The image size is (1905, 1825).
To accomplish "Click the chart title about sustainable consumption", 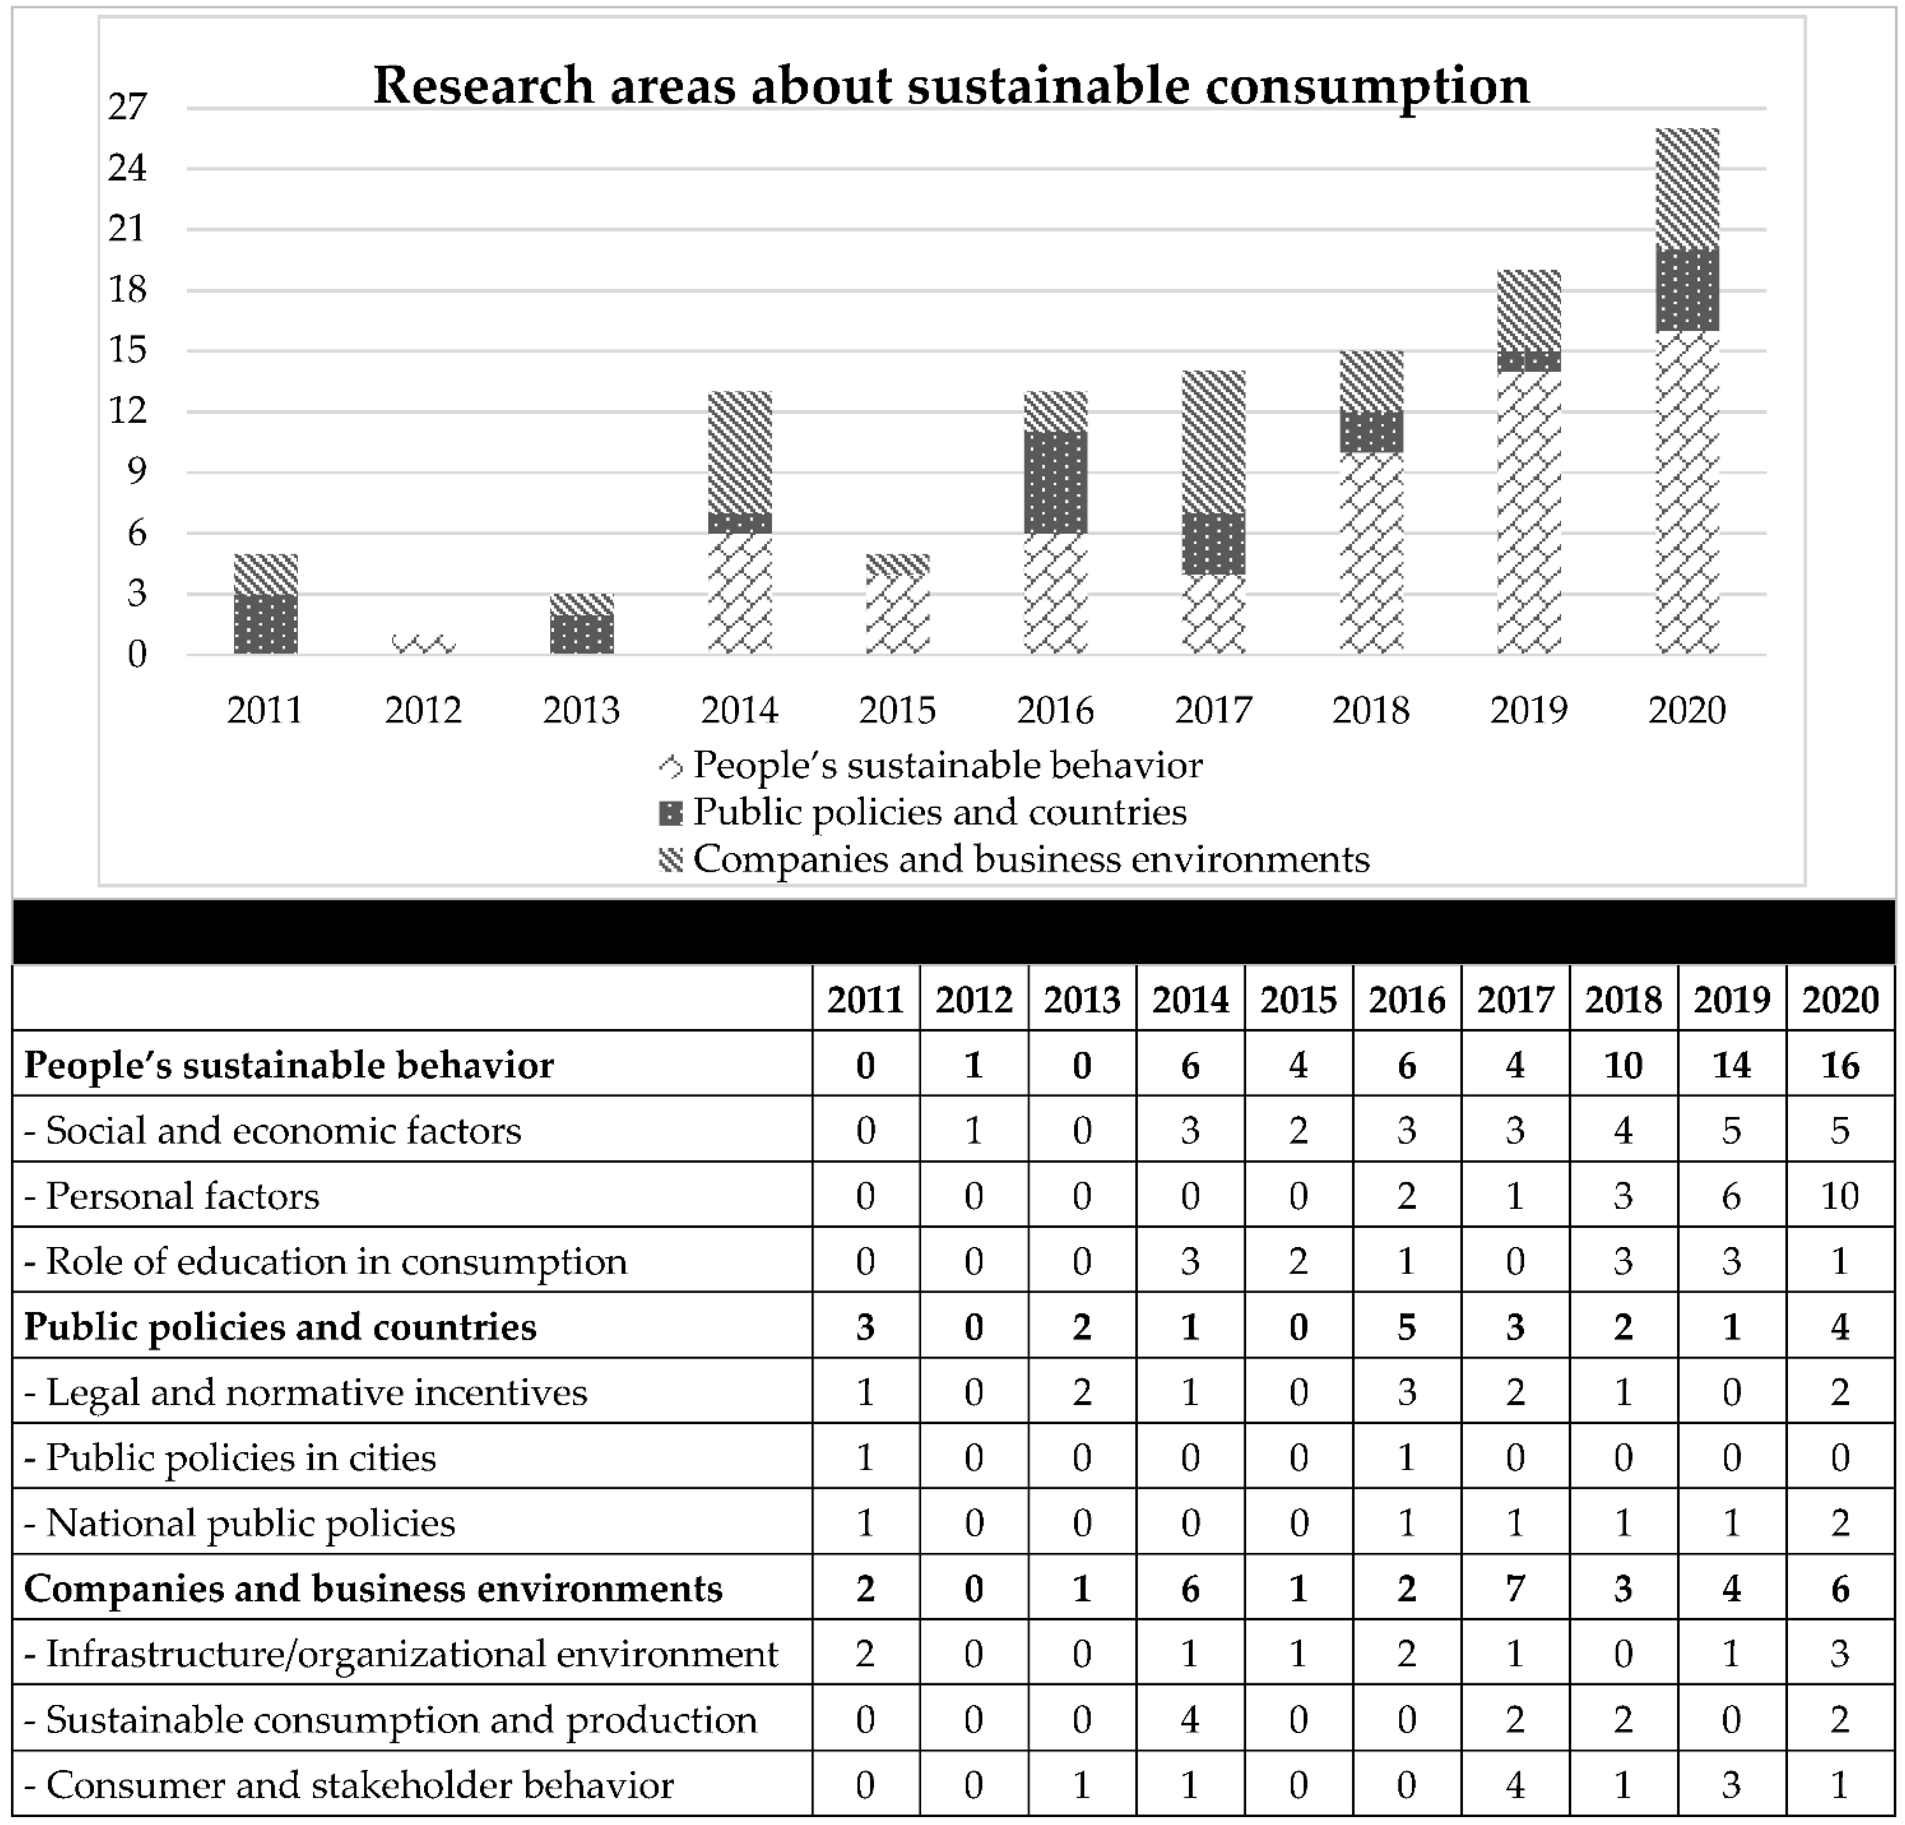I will (951, 85).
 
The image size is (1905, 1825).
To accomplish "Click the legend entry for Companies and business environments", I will (1030, 860).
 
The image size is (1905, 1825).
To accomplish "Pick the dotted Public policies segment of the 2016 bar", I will (1056, 483).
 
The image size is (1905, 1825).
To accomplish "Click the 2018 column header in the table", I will (1623, 999).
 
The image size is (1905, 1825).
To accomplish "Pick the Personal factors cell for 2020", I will (1839, 1196).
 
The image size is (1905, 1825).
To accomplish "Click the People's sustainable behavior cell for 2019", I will (1731, 1066).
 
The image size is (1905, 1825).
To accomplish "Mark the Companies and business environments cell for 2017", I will (1514, 1589).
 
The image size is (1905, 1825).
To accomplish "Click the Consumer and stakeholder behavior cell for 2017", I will (1514, 1785).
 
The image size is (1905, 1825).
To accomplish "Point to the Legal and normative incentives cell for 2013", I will (1082, 1393).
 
